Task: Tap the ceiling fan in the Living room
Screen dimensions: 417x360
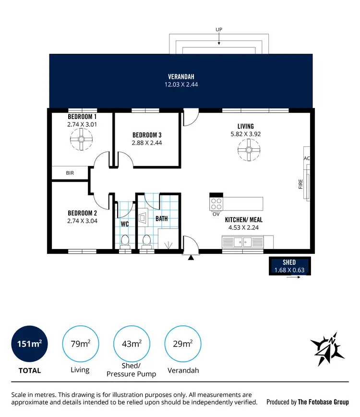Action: (x=249, y=150)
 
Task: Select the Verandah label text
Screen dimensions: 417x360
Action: (x=181, y=77)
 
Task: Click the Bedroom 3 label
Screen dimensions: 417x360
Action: (x=147, y=135)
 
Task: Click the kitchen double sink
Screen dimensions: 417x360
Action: (x=242, y=242)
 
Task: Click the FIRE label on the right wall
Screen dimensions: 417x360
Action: (x=300, y=184)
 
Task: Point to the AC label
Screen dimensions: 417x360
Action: (x=307, y=158)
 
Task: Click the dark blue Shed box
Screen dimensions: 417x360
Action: (x=289, y=266)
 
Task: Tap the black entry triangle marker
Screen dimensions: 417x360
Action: (x=191, y=258)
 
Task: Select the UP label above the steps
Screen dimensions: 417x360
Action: (x=219, y=29)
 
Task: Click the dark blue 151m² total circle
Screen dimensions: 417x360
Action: (x=29, y=344)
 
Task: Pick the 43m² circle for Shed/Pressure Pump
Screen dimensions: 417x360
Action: (x=131, y=344)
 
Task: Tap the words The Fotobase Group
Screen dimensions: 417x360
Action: (x=323, y=402)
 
